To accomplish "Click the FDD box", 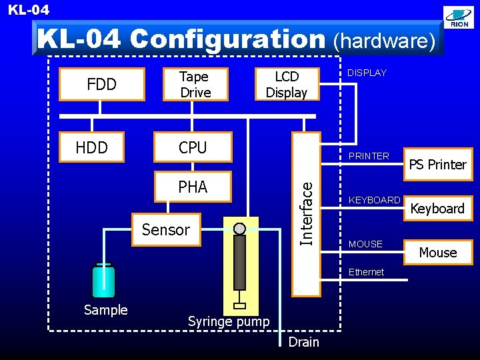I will click(102, 84).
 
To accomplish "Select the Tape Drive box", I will click(195, 84).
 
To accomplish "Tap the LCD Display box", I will click(287, 84).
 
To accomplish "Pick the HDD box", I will click(92, 147).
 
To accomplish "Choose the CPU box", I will click(193, 147).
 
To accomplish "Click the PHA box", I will click(193, 187).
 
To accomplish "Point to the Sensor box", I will click(166, 230).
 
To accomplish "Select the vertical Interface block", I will click(306, 213).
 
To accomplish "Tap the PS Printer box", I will click(438, 164).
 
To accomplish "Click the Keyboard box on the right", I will click(438, 208).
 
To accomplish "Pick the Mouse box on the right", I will click(438, 252).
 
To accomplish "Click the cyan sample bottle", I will click(103, 281).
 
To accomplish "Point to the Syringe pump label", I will click(229, 321).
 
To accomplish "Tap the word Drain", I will click(303, 342).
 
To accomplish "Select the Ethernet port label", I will click(366, 272).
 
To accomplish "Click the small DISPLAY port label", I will click(367, 73).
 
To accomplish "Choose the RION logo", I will click(459, 18).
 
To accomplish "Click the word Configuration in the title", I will click(227, 39).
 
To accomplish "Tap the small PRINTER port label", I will click(369, 156).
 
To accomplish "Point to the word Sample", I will click(105, 310).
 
